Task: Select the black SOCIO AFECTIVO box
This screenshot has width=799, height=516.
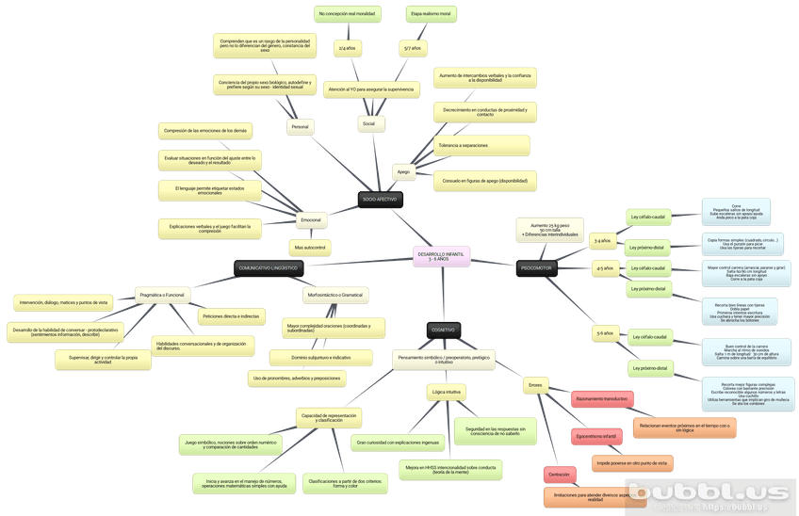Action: click(x=379, y=200)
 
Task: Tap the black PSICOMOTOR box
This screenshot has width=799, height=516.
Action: click(x=537, y=269)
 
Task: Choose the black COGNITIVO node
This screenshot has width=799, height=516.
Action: click(x=442, y=331)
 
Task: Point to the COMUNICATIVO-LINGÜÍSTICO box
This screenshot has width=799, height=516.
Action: click(x=269, y=268)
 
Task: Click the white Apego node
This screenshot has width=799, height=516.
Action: click(x=403, y=172)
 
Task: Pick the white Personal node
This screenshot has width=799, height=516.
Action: click(x=300, y=126)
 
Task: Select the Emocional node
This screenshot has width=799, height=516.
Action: click(x=310, y=220)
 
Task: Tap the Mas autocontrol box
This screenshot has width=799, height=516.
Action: click(x=310, y=248)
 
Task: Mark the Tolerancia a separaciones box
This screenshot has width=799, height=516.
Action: click(x=463, y=145)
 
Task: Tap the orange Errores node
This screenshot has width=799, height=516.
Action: click(x=534, y=385)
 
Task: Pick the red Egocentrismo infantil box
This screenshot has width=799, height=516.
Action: click(x=595, y=437)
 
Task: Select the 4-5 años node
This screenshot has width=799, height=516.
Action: click(x=603, y=268)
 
